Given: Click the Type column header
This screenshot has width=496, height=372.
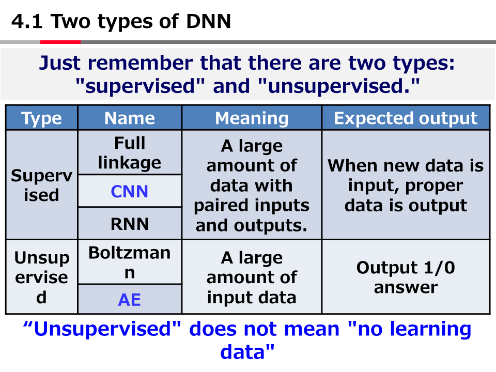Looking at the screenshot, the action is [x=41, y=118].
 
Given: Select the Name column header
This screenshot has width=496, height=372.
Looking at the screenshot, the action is [x=130, y=118].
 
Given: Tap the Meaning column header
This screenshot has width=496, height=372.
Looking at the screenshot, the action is [x=252, y=118].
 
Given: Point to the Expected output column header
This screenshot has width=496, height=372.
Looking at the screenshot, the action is [x=406, y=118].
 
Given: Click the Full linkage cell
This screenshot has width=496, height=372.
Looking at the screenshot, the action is [x=130, y=152].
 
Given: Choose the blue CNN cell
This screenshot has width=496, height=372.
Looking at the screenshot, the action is [x=130, y=191].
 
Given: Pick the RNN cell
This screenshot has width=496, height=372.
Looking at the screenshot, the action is [x=130, y=224].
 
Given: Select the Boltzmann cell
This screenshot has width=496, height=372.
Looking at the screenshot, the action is [x=130, y=262].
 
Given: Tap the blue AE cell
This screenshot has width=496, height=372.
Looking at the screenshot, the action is [x=130, y=299].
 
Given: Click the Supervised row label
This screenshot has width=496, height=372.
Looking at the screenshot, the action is [x=41, y=185].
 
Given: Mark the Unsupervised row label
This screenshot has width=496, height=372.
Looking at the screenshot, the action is [x=41, y=277].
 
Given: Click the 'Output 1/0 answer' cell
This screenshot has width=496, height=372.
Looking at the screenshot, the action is [x=406, y=277].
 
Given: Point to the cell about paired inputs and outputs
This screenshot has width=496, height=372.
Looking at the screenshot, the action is [x=252, y=185].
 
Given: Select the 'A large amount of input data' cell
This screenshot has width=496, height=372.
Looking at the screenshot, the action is [x=252, y=277].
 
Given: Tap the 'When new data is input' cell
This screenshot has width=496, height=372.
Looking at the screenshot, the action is [x=406, y=185].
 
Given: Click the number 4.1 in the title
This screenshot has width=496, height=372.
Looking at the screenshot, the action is [x=27, y=22].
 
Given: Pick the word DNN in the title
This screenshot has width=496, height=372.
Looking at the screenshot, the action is [x=208, y=22].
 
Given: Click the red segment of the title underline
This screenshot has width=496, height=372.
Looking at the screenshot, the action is [x=60, y=42].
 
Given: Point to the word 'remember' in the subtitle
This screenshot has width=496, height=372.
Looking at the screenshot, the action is [x=141, y=63].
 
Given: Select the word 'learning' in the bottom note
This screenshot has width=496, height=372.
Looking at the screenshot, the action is [x=430, y=329].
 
